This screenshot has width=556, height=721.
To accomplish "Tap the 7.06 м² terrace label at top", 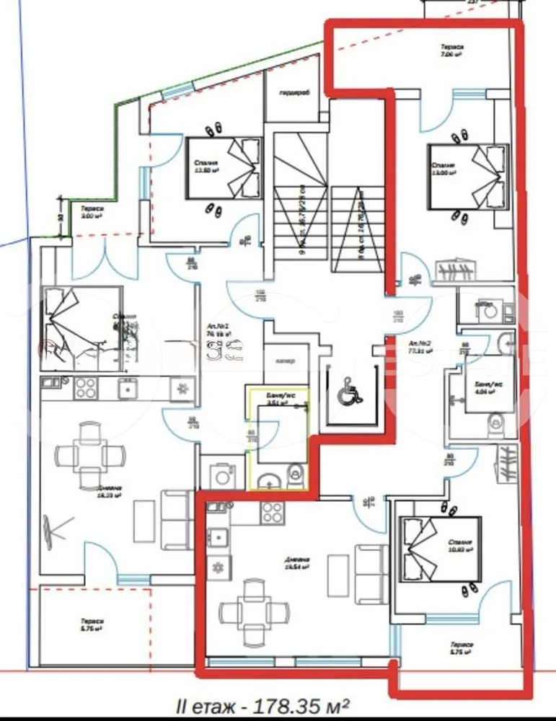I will pyautogui.click(x=452, y=50).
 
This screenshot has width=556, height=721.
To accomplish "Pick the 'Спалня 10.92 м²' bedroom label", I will pyautogui.click(x=459, y=546).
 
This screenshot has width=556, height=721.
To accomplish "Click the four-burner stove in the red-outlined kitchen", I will pyautogui.click(x=272, y=513).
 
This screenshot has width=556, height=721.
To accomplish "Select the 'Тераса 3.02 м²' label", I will pyautogui.click(x=92, y=212).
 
